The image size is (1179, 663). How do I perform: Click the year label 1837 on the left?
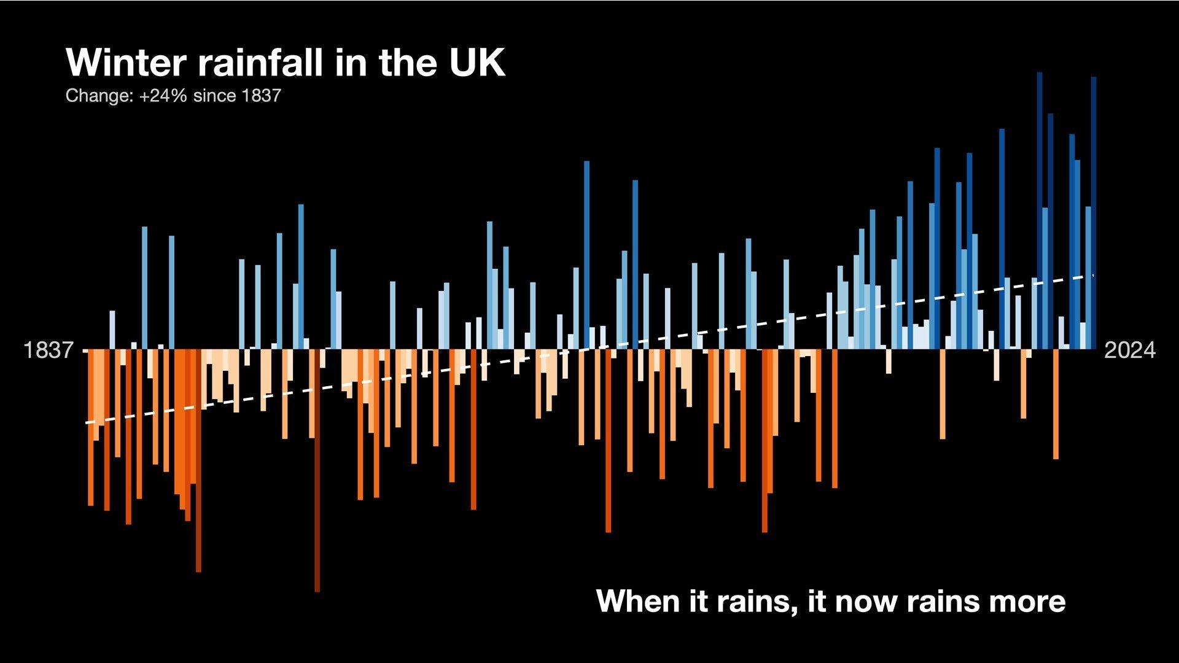click(x=48, y=351)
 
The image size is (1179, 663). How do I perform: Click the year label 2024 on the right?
click(x=1129, y=351)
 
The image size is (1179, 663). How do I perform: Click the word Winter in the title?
click(x=126, y=63)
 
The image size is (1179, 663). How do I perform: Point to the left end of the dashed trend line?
click(x=87, y=423)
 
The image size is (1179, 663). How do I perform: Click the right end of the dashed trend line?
click(x=1094, y=276)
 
